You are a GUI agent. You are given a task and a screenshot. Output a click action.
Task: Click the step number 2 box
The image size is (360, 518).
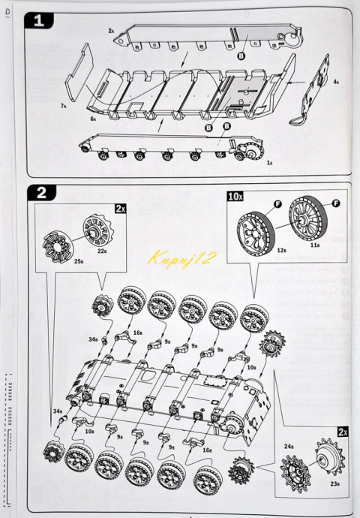(40, 192)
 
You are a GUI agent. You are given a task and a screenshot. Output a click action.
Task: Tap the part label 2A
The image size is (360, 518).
(111, 31)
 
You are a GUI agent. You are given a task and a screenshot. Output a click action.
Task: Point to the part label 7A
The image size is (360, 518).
(64, 107)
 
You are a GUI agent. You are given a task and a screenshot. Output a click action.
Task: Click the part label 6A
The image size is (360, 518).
(94, 119)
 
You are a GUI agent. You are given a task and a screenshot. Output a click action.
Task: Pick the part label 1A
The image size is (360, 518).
(270, 162)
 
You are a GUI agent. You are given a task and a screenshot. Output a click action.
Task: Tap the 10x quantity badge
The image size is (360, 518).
(235, 196)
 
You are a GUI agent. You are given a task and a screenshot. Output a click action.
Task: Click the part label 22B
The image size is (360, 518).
(102, 251)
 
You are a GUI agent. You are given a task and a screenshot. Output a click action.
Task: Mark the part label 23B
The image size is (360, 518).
(335, 484)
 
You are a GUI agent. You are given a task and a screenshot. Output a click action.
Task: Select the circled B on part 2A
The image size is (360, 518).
(241, 56)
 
